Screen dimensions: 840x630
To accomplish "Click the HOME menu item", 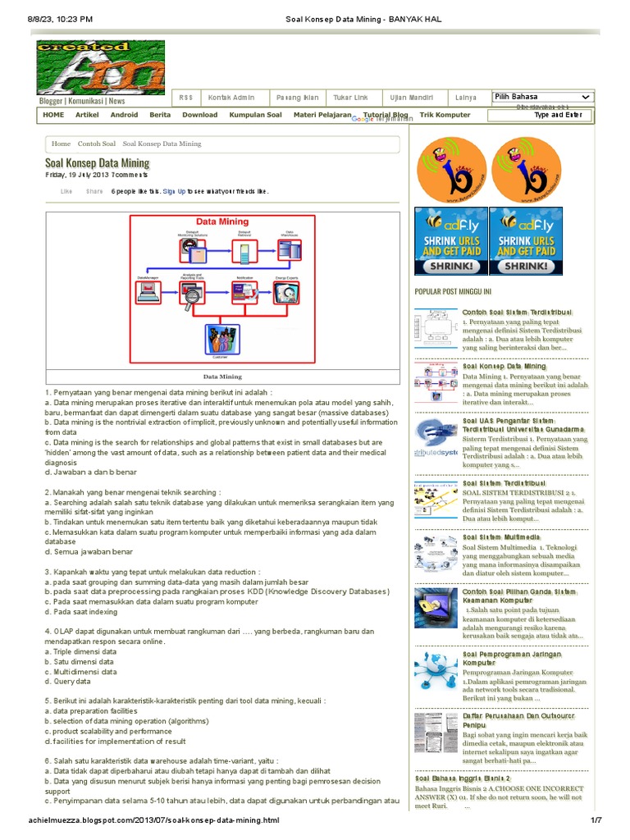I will coord(53,116).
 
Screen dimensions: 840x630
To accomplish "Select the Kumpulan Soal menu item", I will coord(255,116).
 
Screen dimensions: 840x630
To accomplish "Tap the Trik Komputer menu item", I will coord(445,116).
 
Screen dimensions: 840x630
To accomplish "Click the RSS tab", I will coord(185,98).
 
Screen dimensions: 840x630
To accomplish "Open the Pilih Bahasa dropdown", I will coord(542,97).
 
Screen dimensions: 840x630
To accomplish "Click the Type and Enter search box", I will coord(558,116).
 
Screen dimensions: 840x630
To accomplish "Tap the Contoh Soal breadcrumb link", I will coord(97,144).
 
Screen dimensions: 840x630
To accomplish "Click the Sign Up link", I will coord(174,192).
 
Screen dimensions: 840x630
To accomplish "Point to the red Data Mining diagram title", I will coord(221,221).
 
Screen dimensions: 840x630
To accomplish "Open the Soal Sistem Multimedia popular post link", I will coord(501,536).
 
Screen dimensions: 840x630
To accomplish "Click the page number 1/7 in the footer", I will coord(596,820).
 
